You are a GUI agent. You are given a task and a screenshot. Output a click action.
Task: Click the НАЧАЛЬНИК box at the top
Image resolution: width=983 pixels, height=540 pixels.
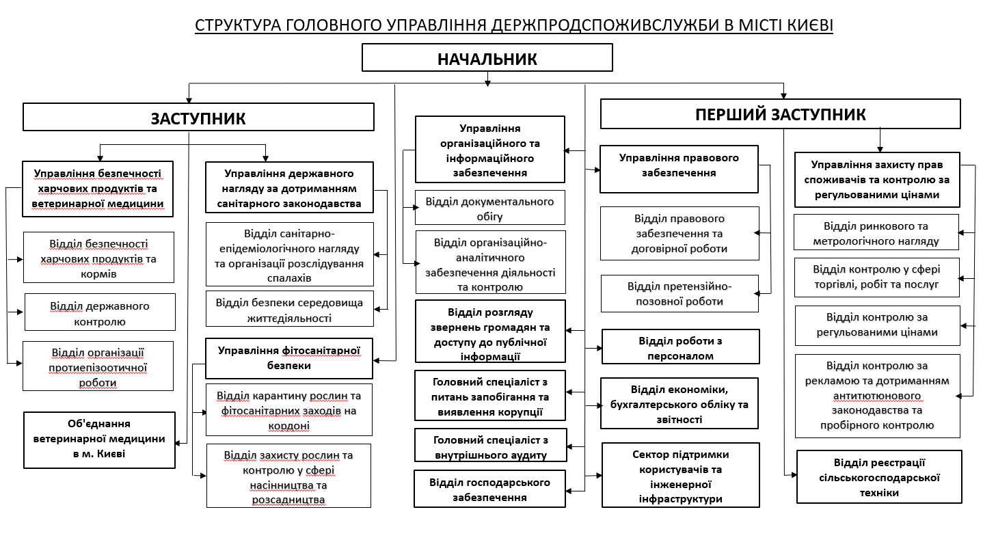click(487, 58)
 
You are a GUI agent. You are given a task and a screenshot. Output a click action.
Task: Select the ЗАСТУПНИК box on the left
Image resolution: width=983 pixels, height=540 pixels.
click(198, 117)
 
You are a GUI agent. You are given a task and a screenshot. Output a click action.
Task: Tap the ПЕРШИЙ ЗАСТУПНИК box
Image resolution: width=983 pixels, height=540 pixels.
click(780, 114)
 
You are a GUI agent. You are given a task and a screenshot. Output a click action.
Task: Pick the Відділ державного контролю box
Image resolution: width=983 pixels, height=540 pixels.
click(100, 313)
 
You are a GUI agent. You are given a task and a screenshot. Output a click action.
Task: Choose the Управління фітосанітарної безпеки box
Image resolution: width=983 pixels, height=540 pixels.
click(289, 358)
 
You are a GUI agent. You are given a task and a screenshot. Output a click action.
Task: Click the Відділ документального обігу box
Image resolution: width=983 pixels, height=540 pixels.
click(489, 208)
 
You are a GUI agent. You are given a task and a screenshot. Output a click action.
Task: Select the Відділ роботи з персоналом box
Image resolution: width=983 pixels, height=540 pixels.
click(680, 347)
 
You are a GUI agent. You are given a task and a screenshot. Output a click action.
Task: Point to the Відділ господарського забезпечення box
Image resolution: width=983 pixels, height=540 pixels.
click(489, 489)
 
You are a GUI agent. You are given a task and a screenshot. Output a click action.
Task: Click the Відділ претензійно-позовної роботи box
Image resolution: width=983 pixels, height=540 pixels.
click(679, 293)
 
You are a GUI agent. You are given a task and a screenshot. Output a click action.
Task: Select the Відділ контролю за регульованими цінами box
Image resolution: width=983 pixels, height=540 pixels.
click(877, 324)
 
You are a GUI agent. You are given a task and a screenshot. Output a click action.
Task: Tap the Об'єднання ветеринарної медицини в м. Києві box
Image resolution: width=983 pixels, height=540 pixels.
click(99, 439)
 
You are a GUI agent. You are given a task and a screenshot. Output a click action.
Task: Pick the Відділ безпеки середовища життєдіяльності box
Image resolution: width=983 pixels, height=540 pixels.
click(289, 310)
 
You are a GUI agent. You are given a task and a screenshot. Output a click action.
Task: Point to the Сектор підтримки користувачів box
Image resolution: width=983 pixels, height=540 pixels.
click(680, 476)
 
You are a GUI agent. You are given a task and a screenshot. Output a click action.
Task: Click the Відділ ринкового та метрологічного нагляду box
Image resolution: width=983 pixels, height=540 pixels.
click(876, 233)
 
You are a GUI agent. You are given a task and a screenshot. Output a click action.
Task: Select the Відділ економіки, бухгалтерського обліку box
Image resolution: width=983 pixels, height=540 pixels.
click(679, 404)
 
